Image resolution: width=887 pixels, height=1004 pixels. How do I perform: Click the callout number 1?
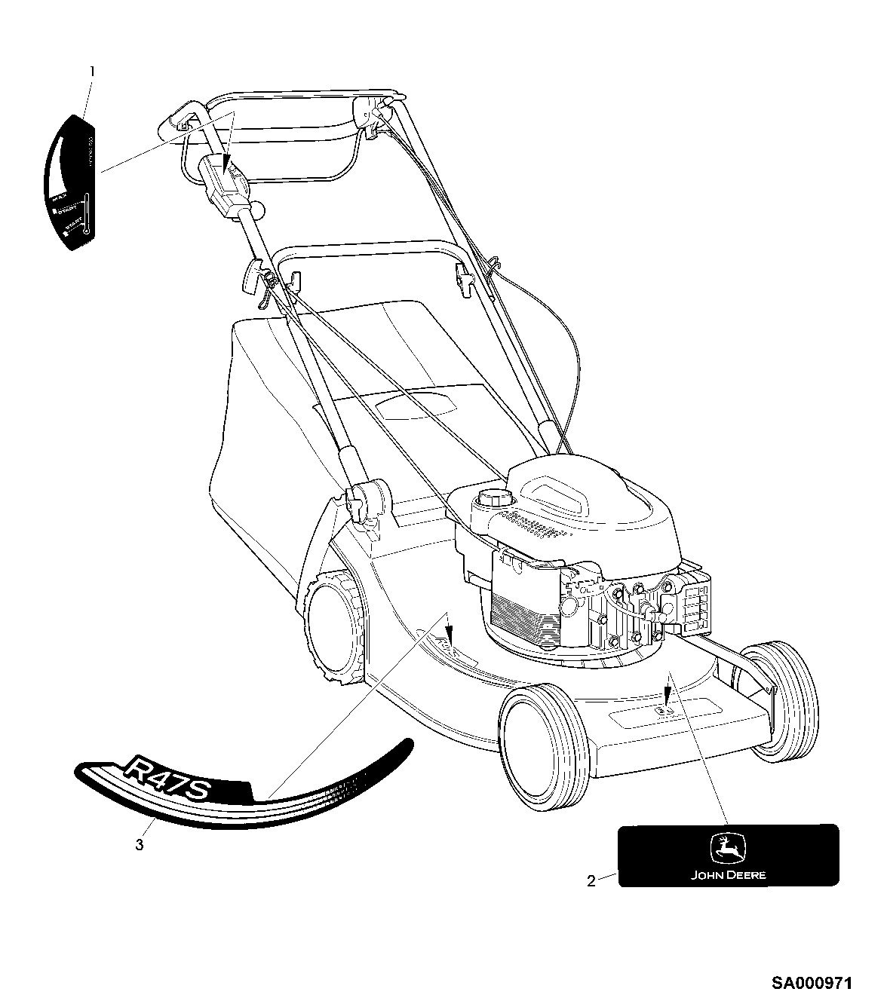tap(93, 72)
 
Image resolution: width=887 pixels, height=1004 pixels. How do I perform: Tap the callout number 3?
tap(139, 844)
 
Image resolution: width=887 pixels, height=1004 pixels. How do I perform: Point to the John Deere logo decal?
tap(728, 855)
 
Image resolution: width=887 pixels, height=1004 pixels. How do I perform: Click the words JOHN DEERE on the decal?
tap(729, 875)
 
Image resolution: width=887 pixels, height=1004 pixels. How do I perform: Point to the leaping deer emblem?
tap(728, 848)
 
